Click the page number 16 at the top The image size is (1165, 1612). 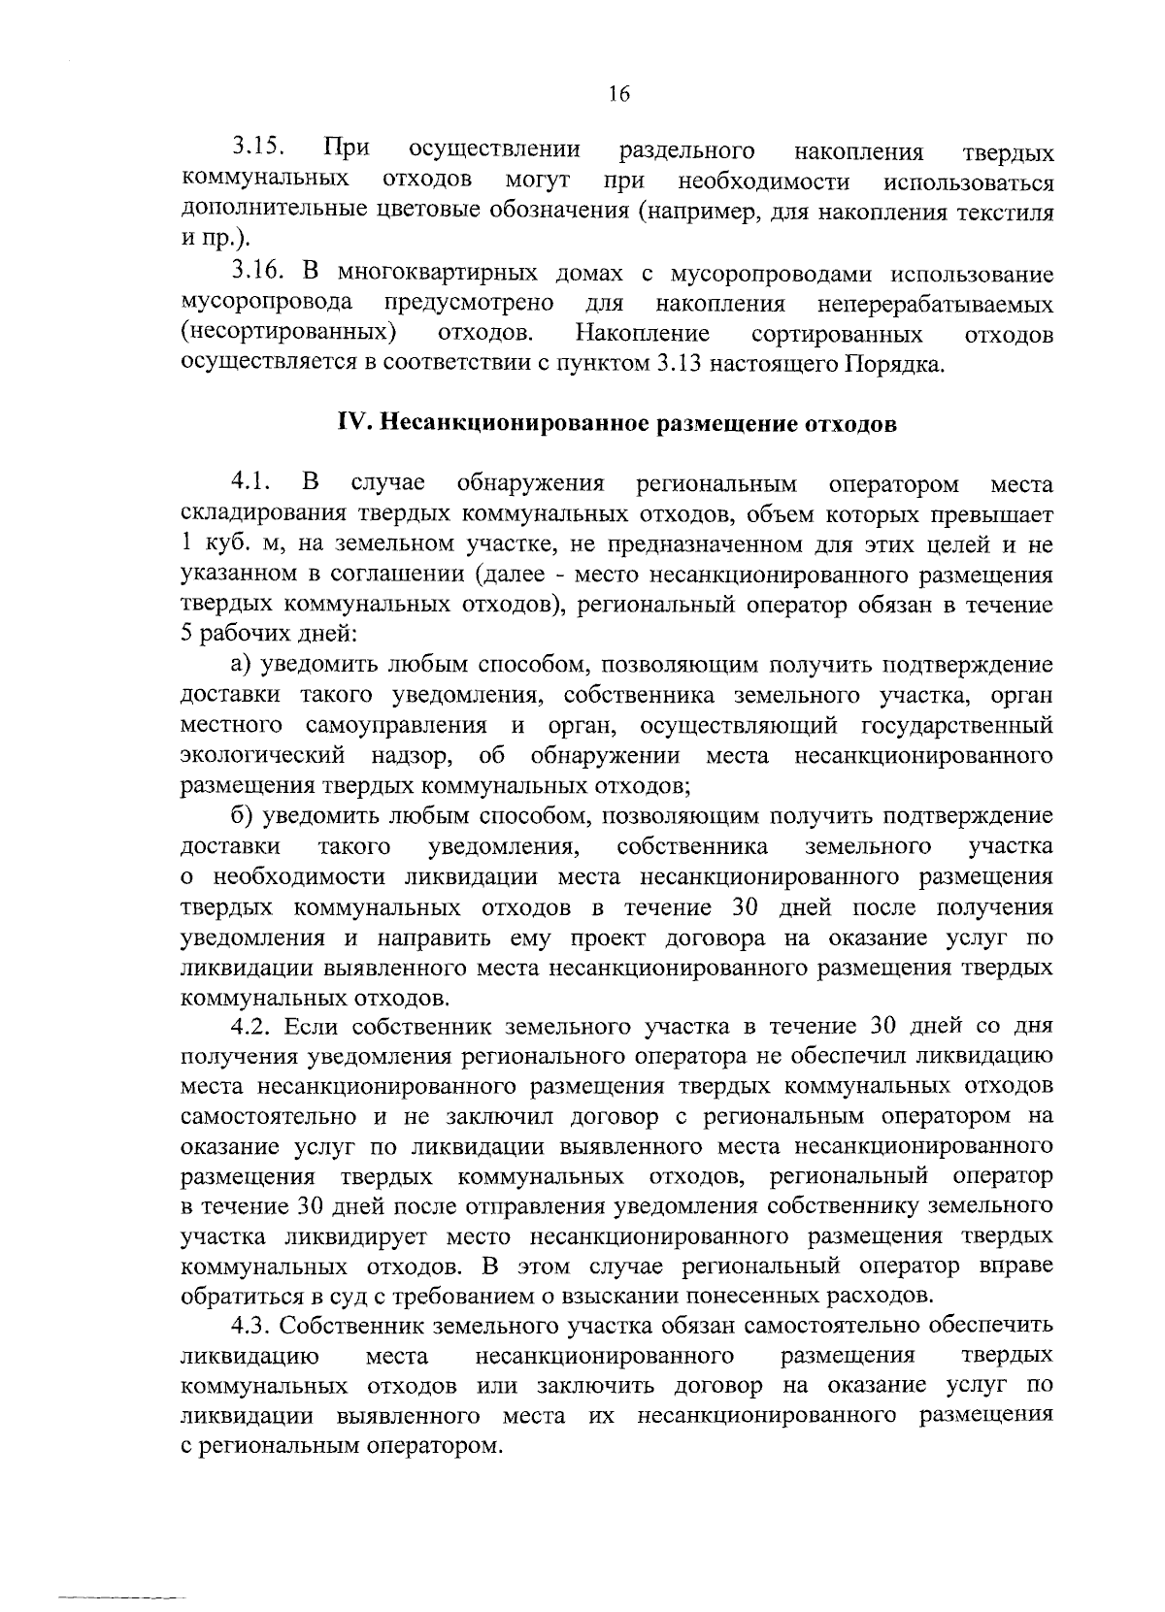pos(618,94)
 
